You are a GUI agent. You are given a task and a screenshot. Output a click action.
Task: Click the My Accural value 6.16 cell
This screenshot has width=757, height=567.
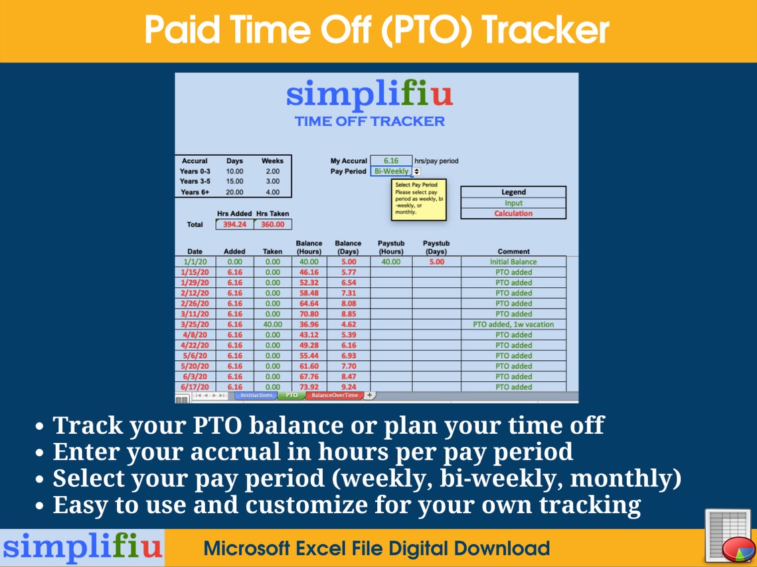point(390,160)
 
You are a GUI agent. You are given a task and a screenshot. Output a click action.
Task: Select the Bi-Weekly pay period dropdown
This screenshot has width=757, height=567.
point(392,171)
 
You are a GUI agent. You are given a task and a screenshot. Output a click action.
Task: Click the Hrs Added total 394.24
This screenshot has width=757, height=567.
point(234,224)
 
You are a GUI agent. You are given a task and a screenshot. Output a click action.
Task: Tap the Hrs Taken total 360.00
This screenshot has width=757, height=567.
point(272,224)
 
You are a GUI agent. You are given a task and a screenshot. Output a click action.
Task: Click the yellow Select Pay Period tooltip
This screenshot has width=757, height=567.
point(418,199)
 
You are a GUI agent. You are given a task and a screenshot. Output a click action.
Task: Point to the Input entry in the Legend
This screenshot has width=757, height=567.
point(513,203)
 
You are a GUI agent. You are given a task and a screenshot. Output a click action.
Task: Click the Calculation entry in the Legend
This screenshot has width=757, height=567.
point(513,214)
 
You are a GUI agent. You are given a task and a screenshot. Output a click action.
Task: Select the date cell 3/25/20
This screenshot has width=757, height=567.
point(195,324)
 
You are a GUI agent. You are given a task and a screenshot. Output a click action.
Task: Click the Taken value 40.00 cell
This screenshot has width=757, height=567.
point(272,324)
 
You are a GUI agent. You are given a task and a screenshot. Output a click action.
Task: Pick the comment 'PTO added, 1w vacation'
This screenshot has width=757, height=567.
point(513,324)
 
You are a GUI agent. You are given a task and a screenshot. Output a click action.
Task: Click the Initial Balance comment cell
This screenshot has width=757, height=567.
point(513,262)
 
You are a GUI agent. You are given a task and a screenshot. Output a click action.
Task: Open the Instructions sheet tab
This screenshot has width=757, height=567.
point(256,395)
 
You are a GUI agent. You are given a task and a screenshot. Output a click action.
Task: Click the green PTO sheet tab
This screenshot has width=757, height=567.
point(292,395)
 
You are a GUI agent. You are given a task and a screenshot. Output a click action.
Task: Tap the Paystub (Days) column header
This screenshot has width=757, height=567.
point(436,247)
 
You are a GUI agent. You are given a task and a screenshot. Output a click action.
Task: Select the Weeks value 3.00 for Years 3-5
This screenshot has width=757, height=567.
point(272,181)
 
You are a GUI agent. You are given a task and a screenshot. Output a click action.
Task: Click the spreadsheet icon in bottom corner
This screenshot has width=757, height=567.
point(727,536)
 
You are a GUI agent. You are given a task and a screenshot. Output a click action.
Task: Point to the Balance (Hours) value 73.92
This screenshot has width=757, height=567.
point(309,387)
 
